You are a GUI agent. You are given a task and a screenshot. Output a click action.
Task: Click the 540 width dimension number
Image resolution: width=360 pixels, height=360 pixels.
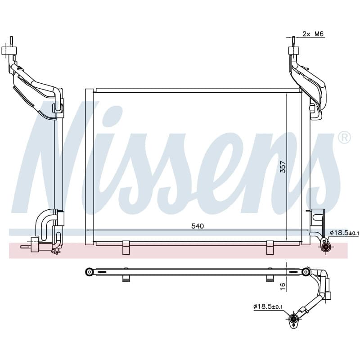(198, 226)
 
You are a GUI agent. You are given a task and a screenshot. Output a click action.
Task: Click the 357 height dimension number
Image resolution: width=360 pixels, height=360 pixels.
(283, 166)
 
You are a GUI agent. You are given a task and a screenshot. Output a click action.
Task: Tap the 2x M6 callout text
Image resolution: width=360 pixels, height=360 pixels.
(313, 34)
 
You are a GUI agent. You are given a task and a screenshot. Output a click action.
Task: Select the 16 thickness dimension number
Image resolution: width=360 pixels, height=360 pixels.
(283, 286)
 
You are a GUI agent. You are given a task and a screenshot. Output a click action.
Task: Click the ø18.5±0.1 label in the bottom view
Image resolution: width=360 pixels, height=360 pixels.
(268, 306)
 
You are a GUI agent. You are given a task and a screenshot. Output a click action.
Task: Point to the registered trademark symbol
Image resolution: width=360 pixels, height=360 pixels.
(344, 137)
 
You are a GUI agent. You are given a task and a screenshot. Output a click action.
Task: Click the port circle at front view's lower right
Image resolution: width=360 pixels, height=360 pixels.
(325, 247)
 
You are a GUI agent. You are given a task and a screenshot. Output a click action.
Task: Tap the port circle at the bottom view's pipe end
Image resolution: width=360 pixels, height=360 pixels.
(293, 319)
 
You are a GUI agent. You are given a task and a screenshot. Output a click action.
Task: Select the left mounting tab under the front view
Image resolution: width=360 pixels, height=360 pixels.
(126, 247)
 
